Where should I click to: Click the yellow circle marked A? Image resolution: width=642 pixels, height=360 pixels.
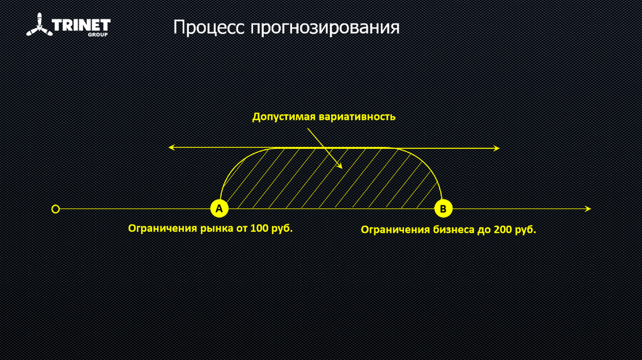tap(219, 209)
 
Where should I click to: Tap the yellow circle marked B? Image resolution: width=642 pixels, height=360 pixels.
tap(442, 209)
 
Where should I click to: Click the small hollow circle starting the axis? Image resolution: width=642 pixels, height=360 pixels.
tap(55, 209)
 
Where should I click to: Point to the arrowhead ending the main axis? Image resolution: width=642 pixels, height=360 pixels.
tap(588, 209)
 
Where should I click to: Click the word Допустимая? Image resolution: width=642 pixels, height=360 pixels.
tap(284, 117)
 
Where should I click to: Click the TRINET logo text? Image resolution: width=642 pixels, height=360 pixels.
tap(81, 25)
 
